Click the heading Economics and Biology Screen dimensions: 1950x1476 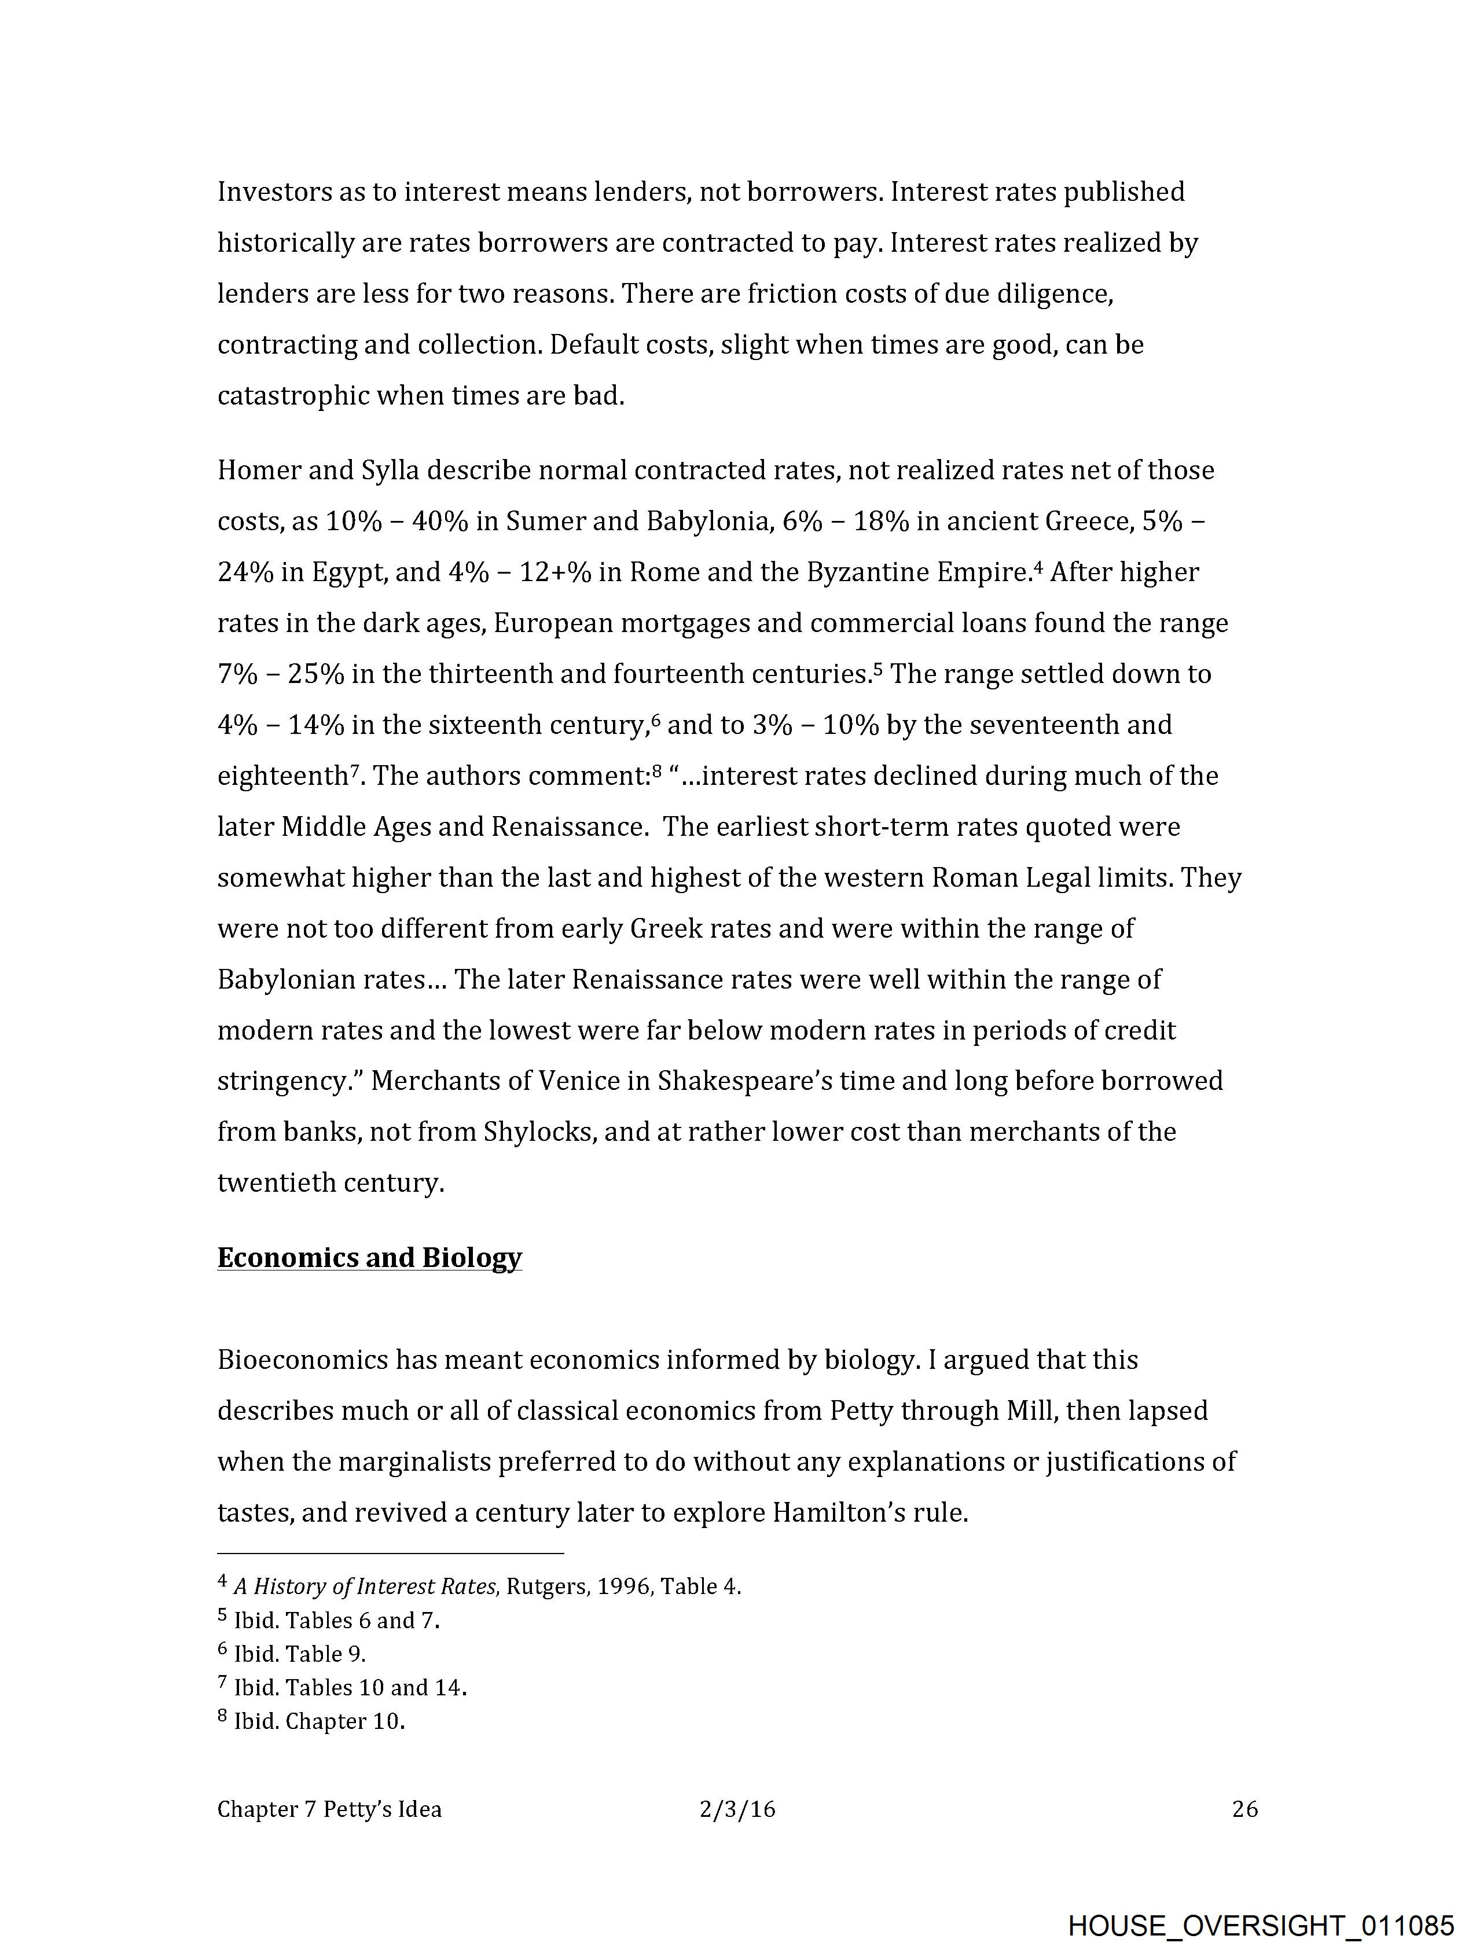tap(369, 1257)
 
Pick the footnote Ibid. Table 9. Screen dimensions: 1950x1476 tap(299, 1654)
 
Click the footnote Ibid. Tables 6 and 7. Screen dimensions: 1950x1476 tap(336, 1620)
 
